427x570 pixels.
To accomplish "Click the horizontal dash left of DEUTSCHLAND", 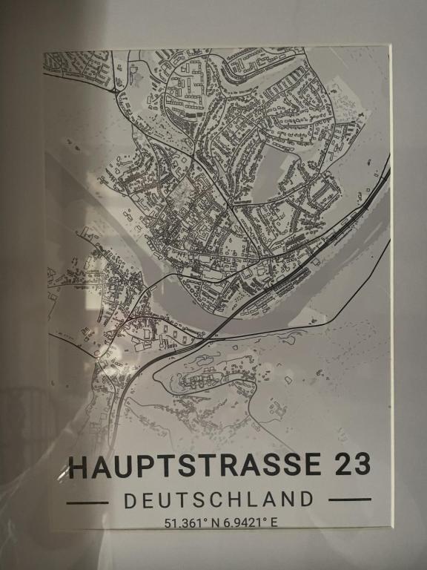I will [x=87, y=502].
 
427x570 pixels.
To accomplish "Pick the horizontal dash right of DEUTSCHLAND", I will [x=348, y=499].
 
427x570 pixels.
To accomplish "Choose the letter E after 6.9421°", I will [x=274, y=522].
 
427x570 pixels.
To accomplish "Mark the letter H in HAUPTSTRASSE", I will [x=77, y=465].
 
